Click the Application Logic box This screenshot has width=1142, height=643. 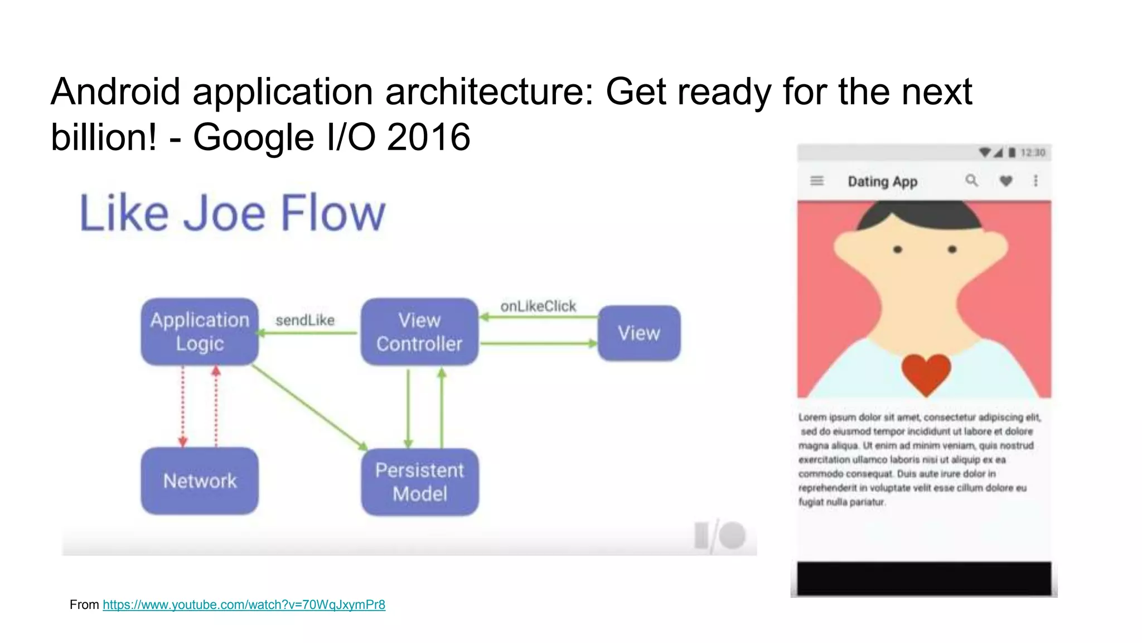[200, 332]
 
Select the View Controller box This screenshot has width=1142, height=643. [419, 332]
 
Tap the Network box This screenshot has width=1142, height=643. [200, 481]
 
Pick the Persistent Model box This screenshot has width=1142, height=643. [419, 482]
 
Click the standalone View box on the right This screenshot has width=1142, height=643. [639, 333]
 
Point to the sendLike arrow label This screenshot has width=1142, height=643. [305, 320]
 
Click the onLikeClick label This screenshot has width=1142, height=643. [538, 306]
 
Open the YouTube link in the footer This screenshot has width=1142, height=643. [244, 604]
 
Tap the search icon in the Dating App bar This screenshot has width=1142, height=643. [971, 180]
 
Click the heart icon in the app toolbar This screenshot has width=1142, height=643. [1006, 181]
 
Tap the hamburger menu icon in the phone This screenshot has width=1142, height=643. [817, 181]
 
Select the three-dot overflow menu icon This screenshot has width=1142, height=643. [1035, 181]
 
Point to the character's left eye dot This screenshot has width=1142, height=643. [898, 249]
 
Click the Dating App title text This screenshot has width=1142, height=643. [882, 182]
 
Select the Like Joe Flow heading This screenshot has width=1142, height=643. [233, 213]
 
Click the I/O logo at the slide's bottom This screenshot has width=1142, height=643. [720, 536]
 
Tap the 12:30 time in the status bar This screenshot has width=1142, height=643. [1033, 152]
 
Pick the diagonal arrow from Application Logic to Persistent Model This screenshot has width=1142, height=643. [309, 407]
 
